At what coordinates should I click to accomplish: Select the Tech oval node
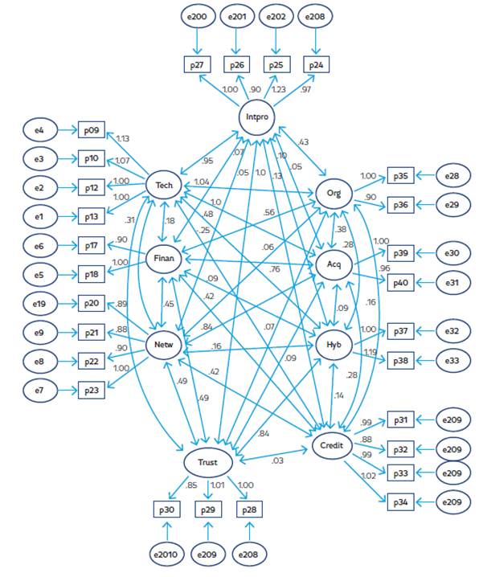pyautogui.click(x=163, y=186)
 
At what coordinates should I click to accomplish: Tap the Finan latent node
pyautogui.click(x=163, y=258)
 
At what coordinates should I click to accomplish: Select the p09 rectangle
pyautogui.click(x=90, y=129)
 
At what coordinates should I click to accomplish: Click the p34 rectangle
pyautogui.click(x=401, y=502)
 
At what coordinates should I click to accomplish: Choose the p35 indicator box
pyautogui.click(x=401, y=174)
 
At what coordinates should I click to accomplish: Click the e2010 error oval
pyautogui.click(x=166, y=554)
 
